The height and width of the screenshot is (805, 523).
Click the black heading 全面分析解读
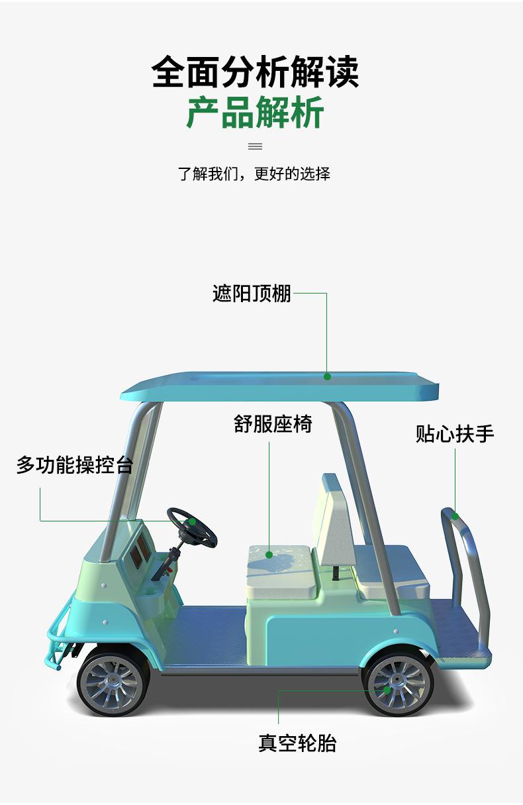[255, 72]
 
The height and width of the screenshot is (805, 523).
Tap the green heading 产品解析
[255, 112]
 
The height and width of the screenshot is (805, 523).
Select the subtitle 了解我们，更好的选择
[254, 174]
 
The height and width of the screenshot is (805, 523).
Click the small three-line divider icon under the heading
[255, 146]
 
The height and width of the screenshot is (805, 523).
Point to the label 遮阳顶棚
[252, 293]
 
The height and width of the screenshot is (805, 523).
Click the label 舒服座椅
[272, 424]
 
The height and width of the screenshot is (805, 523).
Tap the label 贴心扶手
[455, 434]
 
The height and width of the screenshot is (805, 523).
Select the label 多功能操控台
[74, 465]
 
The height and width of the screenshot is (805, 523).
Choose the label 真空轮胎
[297, 743]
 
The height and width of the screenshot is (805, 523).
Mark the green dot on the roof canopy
[327, 376]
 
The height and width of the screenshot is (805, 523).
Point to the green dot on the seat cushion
[269, 555]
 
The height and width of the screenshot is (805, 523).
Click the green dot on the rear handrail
[455, 516]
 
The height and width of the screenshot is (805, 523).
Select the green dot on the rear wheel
[387, 690]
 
